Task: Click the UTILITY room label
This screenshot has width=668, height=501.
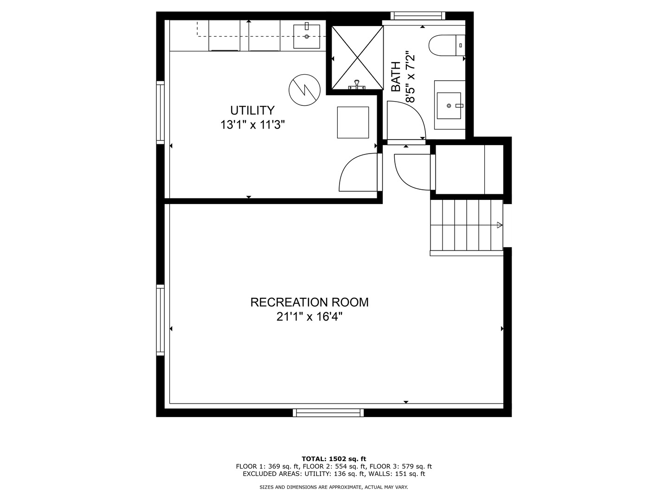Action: point(252,110)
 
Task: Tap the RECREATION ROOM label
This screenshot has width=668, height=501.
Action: point(309,302)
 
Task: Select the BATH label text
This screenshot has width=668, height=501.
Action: point(396,77)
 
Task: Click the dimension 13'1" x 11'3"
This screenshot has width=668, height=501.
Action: point(253,125)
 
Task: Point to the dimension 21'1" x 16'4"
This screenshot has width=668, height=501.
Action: point(309,317)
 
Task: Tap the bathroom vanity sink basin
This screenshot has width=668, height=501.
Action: point(449,106)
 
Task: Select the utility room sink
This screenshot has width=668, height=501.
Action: point(307,37)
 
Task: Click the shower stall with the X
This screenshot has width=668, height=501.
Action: point(357,58)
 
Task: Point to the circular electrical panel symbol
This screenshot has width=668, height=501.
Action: point(304,90)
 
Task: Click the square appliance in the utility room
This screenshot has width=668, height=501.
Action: point(353,122)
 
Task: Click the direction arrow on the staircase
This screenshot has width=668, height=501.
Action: point(500,225)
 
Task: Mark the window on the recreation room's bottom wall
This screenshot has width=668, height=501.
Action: point(328,412)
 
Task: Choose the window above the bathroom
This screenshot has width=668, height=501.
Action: point(417,15)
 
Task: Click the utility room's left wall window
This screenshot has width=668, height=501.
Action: point(161,113)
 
